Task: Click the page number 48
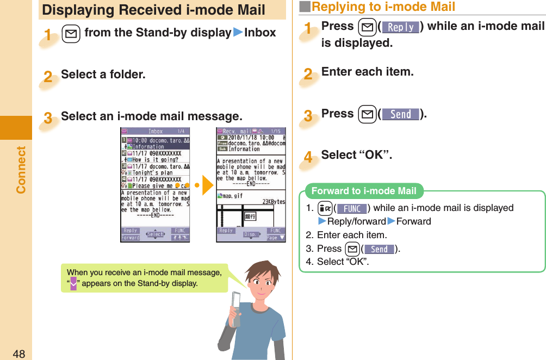18,354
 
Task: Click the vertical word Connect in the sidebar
21,169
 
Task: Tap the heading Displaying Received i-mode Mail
154,10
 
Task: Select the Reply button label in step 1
401,27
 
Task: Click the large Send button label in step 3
401,114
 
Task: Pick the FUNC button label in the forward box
351,208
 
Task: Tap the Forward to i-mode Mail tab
364,191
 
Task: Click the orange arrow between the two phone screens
207,185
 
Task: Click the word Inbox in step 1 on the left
260,33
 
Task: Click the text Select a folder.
103,75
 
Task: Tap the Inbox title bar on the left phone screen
155,132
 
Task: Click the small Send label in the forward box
379,249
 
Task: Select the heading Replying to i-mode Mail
383,7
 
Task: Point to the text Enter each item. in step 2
368,72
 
